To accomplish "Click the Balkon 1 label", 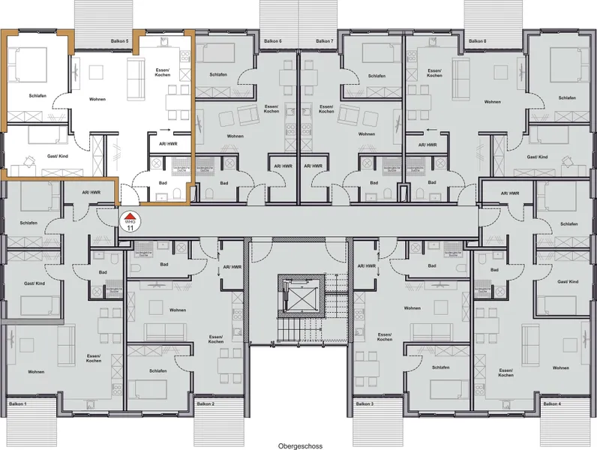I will pos(16,404).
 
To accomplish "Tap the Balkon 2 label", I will pos(204,404).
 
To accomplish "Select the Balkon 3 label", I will pos(363,404).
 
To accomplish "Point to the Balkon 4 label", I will pos(551,404).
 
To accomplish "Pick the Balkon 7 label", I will pos(324,40).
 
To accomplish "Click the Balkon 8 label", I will pos(477,40).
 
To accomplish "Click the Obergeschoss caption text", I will pos(298,445).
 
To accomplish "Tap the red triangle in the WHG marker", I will pos(130,215).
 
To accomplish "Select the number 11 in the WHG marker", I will pos(130,227).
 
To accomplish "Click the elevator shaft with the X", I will pos(299,293).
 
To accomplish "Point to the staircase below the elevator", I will pos(299,327).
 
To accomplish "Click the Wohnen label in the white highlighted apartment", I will pos(97,98).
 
